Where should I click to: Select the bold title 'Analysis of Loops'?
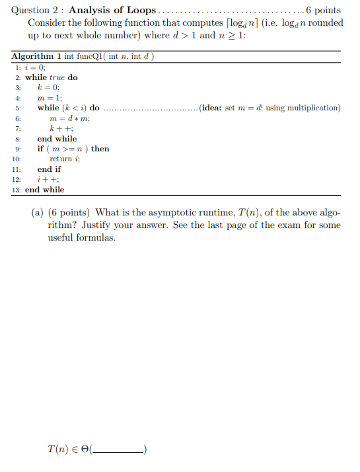point(112,10)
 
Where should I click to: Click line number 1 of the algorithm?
point(17,67)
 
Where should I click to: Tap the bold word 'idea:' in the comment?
point(213,108)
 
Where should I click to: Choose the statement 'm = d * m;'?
point(70,118)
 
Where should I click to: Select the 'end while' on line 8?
point(57,139)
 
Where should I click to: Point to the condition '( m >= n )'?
point(68,149)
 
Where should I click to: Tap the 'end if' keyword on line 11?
point(49,169)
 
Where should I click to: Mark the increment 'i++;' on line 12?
point(48,179)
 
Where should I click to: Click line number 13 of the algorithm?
point(17,190)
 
